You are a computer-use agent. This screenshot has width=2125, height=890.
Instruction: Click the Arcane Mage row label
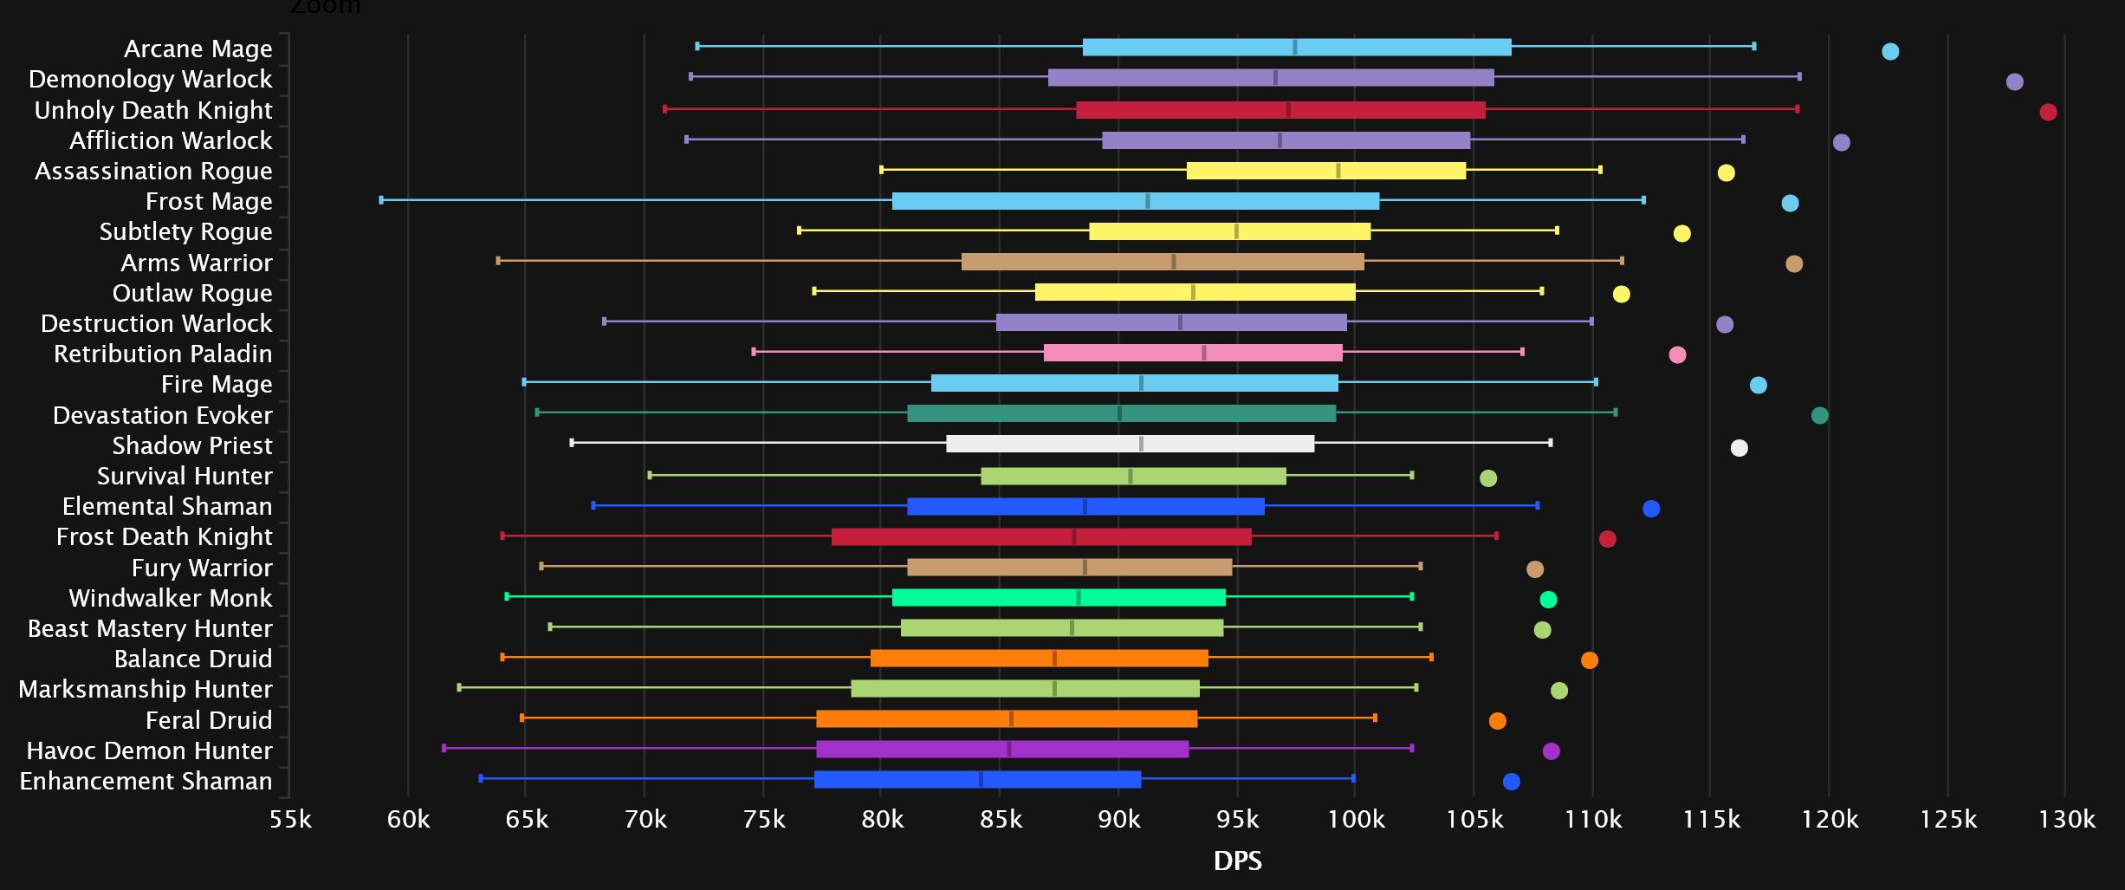(198, 49)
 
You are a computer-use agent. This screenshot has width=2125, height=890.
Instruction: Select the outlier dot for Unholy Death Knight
(2048, 112)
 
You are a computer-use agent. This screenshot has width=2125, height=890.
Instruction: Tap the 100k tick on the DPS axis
(1356, 819)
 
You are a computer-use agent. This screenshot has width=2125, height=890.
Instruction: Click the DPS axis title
(1237, 861)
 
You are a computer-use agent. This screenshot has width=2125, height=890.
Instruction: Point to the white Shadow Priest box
(1130, 444)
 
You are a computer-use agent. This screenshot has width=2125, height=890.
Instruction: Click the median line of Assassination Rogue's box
(1338, 171)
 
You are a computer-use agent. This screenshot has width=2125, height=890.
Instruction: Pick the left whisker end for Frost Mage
(381, 200)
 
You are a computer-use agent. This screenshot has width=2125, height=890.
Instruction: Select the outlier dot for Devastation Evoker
(1819, 415)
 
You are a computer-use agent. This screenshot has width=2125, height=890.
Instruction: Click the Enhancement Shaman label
(146, 781)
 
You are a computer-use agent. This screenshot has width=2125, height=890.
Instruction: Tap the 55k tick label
(290, 819)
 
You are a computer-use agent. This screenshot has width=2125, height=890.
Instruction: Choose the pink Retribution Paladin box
(1193, 353)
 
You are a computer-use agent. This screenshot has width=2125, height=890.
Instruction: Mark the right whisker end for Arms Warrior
(1622, 261)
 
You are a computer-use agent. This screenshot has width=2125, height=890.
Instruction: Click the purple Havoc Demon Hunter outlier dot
(1551, 750)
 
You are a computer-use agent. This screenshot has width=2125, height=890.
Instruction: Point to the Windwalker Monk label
(170, 598)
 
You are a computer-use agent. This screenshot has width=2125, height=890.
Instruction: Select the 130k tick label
(2066, 819)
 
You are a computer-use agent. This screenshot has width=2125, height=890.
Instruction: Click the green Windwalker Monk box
(1059, 597)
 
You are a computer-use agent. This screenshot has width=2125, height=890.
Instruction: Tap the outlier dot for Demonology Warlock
(2014, 81)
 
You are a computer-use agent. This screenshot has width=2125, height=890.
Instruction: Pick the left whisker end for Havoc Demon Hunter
(444, 748)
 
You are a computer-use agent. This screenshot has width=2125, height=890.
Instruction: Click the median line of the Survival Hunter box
(1131, 476)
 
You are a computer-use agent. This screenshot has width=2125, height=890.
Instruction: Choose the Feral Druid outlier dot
(1497, 720)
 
